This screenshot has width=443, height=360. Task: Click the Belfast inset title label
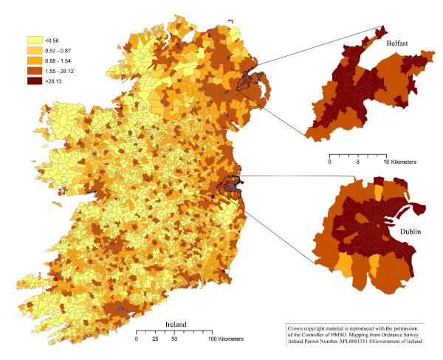[x=398, y=45]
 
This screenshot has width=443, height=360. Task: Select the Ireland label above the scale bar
[x=176, y=324]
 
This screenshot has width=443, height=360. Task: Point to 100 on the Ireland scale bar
[x=212, y=339]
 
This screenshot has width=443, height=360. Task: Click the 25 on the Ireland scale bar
[x=155, y=339]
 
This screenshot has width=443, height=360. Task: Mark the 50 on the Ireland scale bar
[x=174, y=339]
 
